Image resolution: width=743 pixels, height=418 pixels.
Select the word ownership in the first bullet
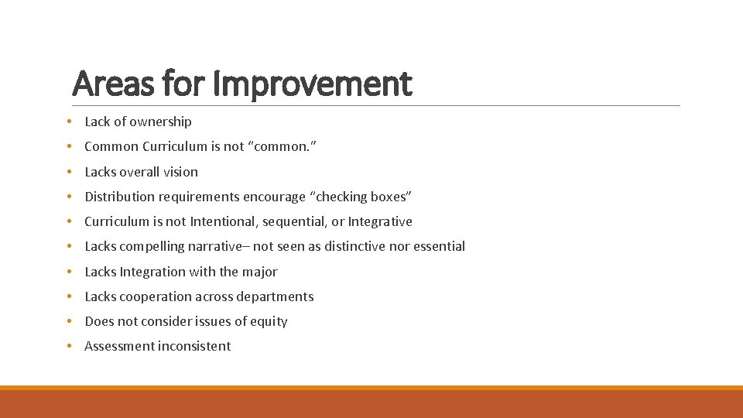[160, 122]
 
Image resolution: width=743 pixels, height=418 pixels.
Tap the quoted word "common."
[279, 146]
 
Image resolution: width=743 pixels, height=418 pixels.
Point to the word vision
[180, 172]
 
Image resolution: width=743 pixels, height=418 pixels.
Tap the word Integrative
[380, 221]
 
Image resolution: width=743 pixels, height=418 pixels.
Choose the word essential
[437, 246]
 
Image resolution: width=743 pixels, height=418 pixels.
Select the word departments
[275, 296]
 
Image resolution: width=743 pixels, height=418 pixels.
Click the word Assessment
[119, 346]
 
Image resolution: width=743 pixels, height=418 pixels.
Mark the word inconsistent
[194, 346]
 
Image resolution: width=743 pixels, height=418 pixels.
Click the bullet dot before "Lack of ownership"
[70, 122]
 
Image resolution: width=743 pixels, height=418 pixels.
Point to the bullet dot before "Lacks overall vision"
[70, 172]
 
